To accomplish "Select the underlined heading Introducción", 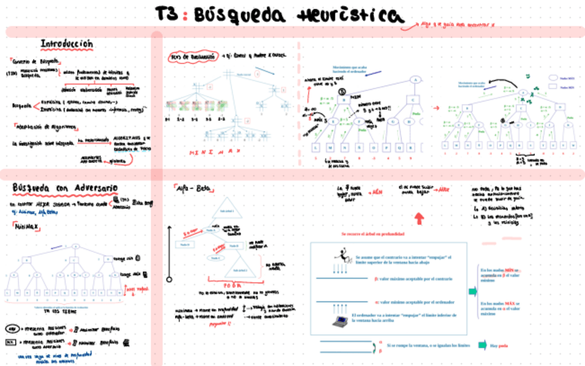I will pos(66,44).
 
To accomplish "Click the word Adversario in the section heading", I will pos(92,188).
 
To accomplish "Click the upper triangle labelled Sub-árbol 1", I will pos(228,211).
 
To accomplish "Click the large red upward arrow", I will pos(419,219).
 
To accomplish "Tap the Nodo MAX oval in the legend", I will pos(553,78).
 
